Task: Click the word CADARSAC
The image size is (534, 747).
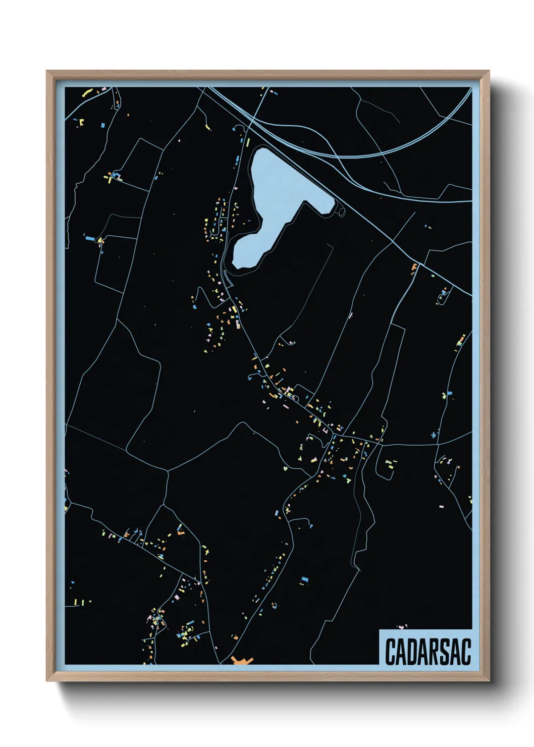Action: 428,652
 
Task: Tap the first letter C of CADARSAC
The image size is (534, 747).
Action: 391,652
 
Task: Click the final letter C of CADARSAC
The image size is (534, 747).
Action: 466,652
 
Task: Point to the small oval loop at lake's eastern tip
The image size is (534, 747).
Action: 341,211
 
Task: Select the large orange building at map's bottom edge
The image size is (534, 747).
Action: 242,661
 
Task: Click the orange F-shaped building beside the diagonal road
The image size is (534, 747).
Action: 414,266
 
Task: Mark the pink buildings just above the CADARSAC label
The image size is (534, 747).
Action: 402,627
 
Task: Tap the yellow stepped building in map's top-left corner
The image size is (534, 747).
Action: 87,93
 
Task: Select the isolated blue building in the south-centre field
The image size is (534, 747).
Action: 304,580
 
